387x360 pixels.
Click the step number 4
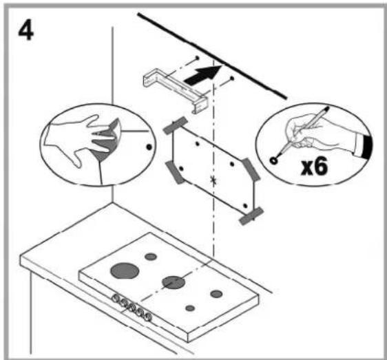coord(26,30)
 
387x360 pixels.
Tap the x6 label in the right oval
coord(315,166)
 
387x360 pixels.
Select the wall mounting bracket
coord(176,90)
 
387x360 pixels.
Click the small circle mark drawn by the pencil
coord(273,161)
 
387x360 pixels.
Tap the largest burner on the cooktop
coord(125,271)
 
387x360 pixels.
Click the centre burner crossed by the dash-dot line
coord(174,282)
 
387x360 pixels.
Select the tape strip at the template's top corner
coord(176,125)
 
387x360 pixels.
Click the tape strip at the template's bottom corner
coord(251,216)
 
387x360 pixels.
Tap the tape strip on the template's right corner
coord(251,169)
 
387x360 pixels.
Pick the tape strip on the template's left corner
coord(175,173)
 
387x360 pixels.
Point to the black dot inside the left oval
coord(149,147)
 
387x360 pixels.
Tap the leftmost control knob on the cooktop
coord(115,298)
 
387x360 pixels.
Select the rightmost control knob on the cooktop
coord(148,316)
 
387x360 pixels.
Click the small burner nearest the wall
coord(151,257)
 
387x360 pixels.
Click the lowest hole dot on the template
coord(245,206)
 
